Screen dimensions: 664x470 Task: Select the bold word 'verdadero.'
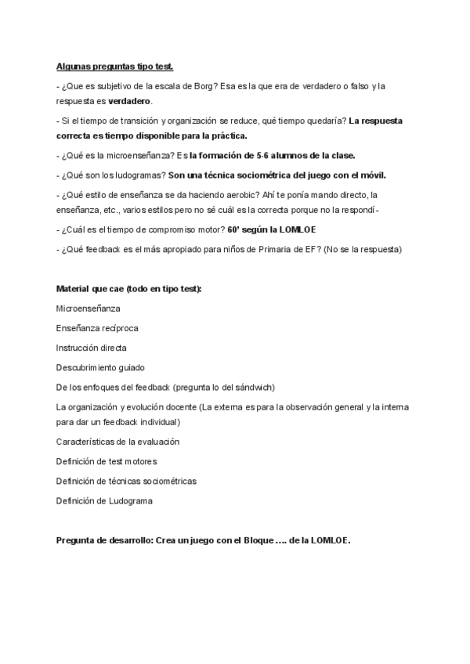coord(131,102)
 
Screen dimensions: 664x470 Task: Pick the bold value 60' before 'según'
coord(233,229)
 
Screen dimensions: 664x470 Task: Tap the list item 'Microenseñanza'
coord(89,308)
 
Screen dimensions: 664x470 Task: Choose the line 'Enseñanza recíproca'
coord(97,327)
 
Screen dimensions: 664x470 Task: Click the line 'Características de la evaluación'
coord(117,442)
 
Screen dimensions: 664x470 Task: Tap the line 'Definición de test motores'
coord(107,461)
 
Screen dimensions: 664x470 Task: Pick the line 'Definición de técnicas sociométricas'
coord(126,480)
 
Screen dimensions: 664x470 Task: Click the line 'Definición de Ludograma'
coord(104,500)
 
